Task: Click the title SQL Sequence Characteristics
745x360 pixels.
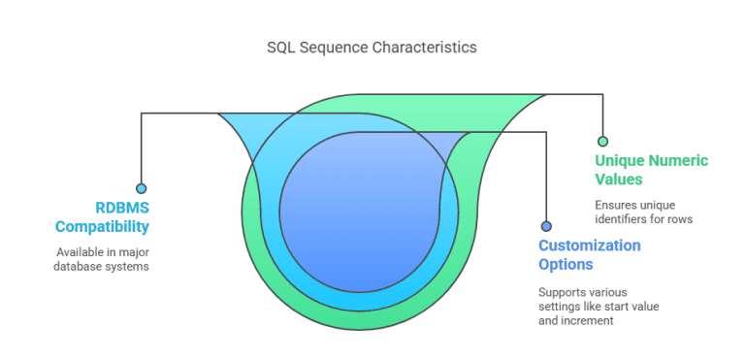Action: pos(372,47)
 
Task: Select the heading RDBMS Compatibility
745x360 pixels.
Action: pos(102,217)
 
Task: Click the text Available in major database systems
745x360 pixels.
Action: pos(102,259)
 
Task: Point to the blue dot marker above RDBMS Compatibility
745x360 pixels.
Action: pos(142,188)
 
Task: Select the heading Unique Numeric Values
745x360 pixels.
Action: pos(651,170)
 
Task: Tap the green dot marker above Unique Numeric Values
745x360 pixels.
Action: pos(602,141)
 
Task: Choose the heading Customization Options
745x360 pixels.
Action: pos(590,254)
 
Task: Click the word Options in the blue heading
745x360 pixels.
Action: pos(566,264)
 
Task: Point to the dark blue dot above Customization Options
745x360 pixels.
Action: pos(546,225)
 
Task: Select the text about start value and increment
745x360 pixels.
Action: pos(598,306)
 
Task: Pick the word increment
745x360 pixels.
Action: pos(597,320)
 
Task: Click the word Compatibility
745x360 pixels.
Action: pos(102,227)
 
